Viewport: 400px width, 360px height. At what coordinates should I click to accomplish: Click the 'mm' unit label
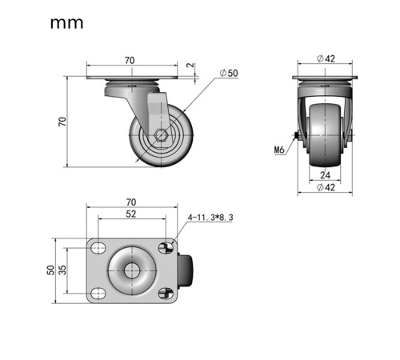coord(66,23)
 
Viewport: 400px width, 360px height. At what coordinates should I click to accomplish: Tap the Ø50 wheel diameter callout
coord(229,73)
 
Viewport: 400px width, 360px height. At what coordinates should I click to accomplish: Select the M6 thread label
coord(279,150)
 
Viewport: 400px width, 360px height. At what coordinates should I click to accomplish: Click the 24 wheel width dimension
coord(325,175)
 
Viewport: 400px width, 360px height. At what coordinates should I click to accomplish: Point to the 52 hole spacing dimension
coord(130,214)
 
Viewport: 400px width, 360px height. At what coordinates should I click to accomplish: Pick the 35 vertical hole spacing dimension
coord(62,270)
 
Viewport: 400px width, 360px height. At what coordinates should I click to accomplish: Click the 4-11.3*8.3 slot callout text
coord(210,218)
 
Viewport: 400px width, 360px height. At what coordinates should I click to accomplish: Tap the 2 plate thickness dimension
coord(191,65)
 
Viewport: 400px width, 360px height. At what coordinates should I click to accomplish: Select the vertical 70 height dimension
coord(62,122)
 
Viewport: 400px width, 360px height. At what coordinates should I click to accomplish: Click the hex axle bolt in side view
coord(161,135)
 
